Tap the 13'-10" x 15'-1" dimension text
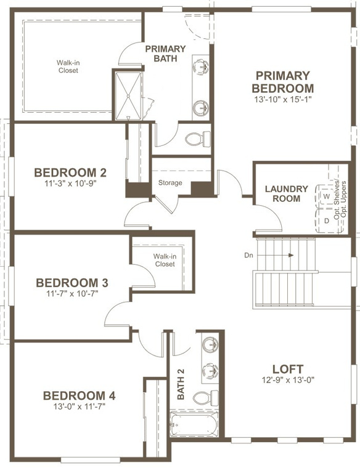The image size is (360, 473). coord(282,99)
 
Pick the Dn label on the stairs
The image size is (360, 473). coord(248,254)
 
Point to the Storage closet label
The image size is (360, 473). coord(170,183)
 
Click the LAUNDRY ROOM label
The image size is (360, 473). coord(282,193)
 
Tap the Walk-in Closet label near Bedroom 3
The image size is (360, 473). coord(164,260)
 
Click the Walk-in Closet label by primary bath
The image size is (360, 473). coord(68,67)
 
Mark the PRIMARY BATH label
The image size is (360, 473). coord(165,54)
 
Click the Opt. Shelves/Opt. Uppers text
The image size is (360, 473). coord(340,200)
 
